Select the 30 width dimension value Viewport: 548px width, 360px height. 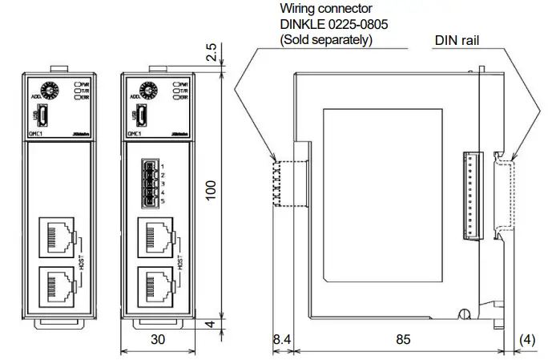(x=158, y=340)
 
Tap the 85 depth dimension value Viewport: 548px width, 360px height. (x=402, y=340)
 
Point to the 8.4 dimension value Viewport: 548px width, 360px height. (x=281, y=340)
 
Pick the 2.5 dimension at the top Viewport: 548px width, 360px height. (x=211, y=52)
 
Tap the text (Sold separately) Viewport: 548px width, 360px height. (x=325, y=39)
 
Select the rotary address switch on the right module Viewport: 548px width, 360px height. (x=147, y=89)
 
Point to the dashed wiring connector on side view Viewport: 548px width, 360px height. (x=279, y=184)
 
